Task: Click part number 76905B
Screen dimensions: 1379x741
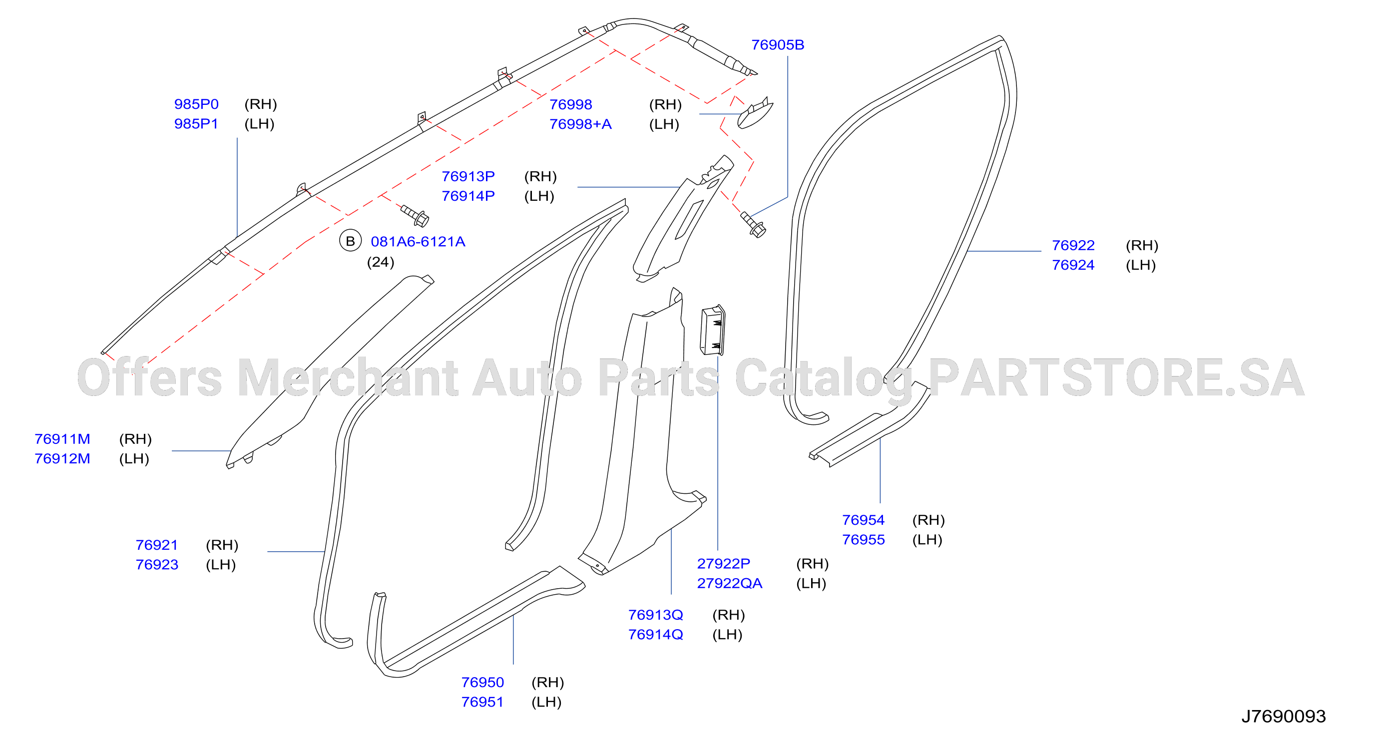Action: (x=777, y=45)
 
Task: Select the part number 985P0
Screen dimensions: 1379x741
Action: (x=196, y=104)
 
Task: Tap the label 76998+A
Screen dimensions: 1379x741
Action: (x=580, y=124)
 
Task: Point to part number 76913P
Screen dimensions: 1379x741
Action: (x=468, y=176)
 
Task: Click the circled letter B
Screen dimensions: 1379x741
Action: (x=350, y=241)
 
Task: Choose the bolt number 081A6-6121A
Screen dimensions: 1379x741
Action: (x=418, y=241)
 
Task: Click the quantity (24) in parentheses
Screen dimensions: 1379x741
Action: (x=381, y=262)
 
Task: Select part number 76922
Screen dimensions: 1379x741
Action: (x=1073, y=245)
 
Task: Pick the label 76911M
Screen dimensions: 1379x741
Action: (x=62, y=439)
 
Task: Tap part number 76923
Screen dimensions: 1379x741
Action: (x=157, y=564)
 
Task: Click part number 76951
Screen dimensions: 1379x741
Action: (x=482, y=702)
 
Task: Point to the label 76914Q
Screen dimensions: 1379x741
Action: (x=655, y=635)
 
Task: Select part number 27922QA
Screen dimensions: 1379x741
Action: (x=729, y=583)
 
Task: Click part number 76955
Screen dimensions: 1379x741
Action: (x=864, y=539)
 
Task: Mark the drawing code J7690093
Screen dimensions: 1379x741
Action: (x=1284, y=716)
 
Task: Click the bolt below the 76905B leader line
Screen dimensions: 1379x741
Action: (x=753, y=225)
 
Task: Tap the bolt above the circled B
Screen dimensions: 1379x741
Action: (x=415, y=215)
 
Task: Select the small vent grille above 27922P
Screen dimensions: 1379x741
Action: (x=713, y=330)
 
